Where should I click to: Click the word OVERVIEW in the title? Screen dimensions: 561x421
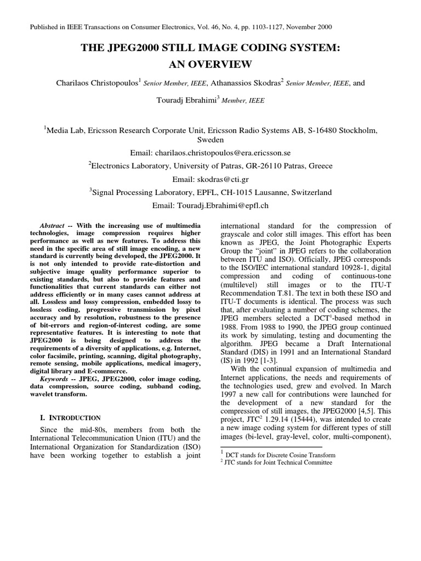(x=226, y=65)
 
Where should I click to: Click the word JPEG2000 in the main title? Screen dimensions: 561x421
(x=131, y=48)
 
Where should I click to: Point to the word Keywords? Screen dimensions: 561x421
(x=54, y=379)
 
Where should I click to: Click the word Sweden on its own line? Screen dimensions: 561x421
(x=210, y=140)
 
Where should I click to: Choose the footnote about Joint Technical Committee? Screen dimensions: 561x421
(x=278, y=462)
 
